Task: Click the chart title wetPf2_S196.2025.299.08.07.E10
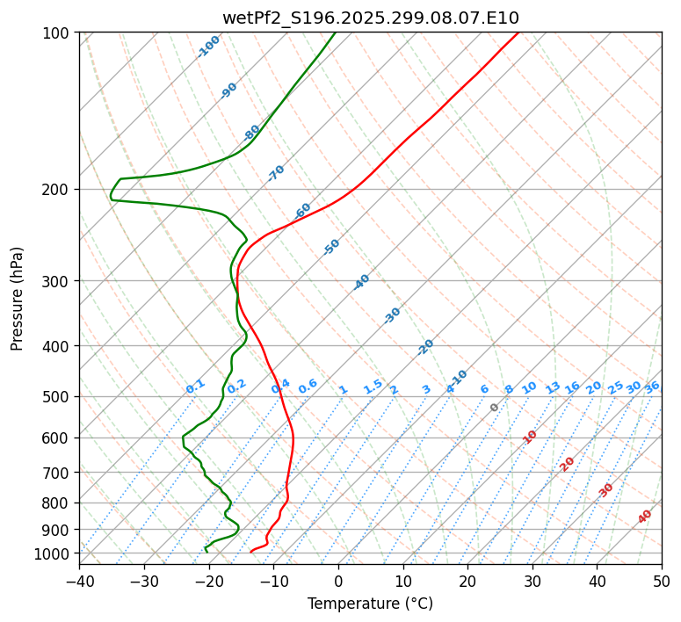tap(370, 18)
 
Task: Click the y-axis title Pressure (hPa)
tap(18, 299)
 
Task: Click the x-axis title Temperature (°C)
tap(370, 604)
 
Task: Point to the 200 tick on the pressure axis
tap(59, 190)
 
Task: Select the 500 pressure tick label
tap(59, 397)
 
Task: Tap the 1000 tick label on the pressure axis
tap(55, 553)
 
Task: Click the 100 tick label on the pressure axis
tap(59, 33)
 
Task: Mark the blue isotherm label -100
tap(209, 47)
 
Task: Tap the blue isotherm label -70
tap(276, 173)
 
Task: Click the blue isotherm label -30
tap(392, 315)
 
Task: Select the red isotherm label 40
tap(645, 517)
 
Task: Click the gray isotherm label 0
tap(495, 408)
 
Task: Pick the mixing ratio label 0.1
tap(195, 387)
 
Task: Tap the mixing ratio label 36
tap(652, 387)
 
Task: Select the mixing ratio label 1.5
tap(373, 387)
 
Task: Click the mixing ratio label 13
tap(553, 387)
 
